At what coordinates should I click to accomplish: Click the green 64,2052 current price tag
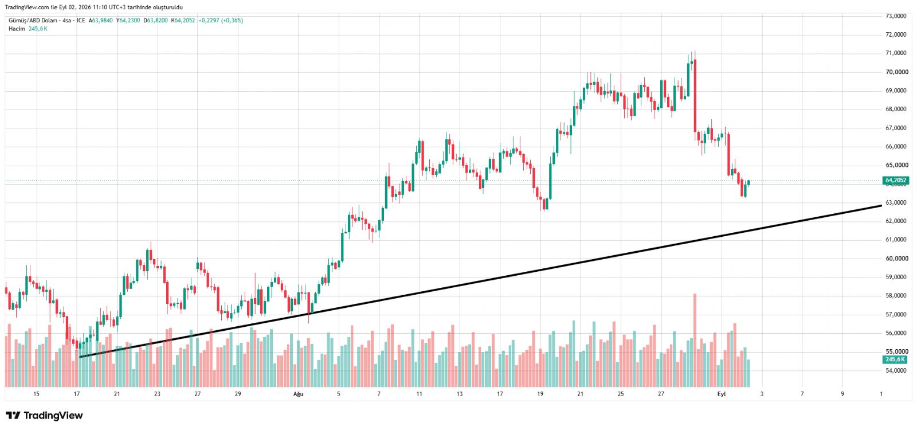(896, 180)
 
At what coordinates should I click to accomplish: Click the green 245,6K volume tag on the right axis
(895, 359)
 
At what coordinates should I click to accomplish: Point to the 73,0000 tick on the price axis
(896, 16)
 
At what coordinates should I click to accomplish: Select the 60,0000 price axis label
(896, 259)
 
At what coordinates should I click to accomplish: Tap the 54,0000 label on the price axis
(896, 370)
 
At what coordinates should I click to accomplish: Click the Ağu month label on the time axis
(299, 394)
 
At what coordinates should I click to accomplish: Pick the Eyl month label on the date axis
(722, 394)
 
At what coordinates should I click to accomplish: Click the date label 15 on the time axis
(37, 394)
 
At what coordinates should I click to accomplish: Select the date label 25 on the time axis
(621, 394)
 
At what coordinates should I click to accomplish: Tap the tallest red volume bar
(695, 341)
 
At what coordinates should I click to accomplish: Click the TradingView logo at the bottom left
(44, 416)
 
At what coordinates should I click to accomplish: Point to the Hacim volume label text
(17, 29)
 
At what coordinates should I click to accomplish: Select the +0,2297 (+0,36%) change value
(221, 20)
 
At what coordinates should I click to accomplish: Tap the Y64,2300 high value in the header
(128, 20)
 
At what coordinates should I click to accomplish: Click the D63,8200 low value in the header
(155, 20)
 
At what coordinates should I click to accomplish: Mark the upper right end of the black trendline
(881, 206)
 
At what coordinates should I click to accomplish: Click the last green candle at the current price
(749, 183)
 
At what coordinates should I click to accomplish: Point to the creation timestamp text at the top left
(94, 7)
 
